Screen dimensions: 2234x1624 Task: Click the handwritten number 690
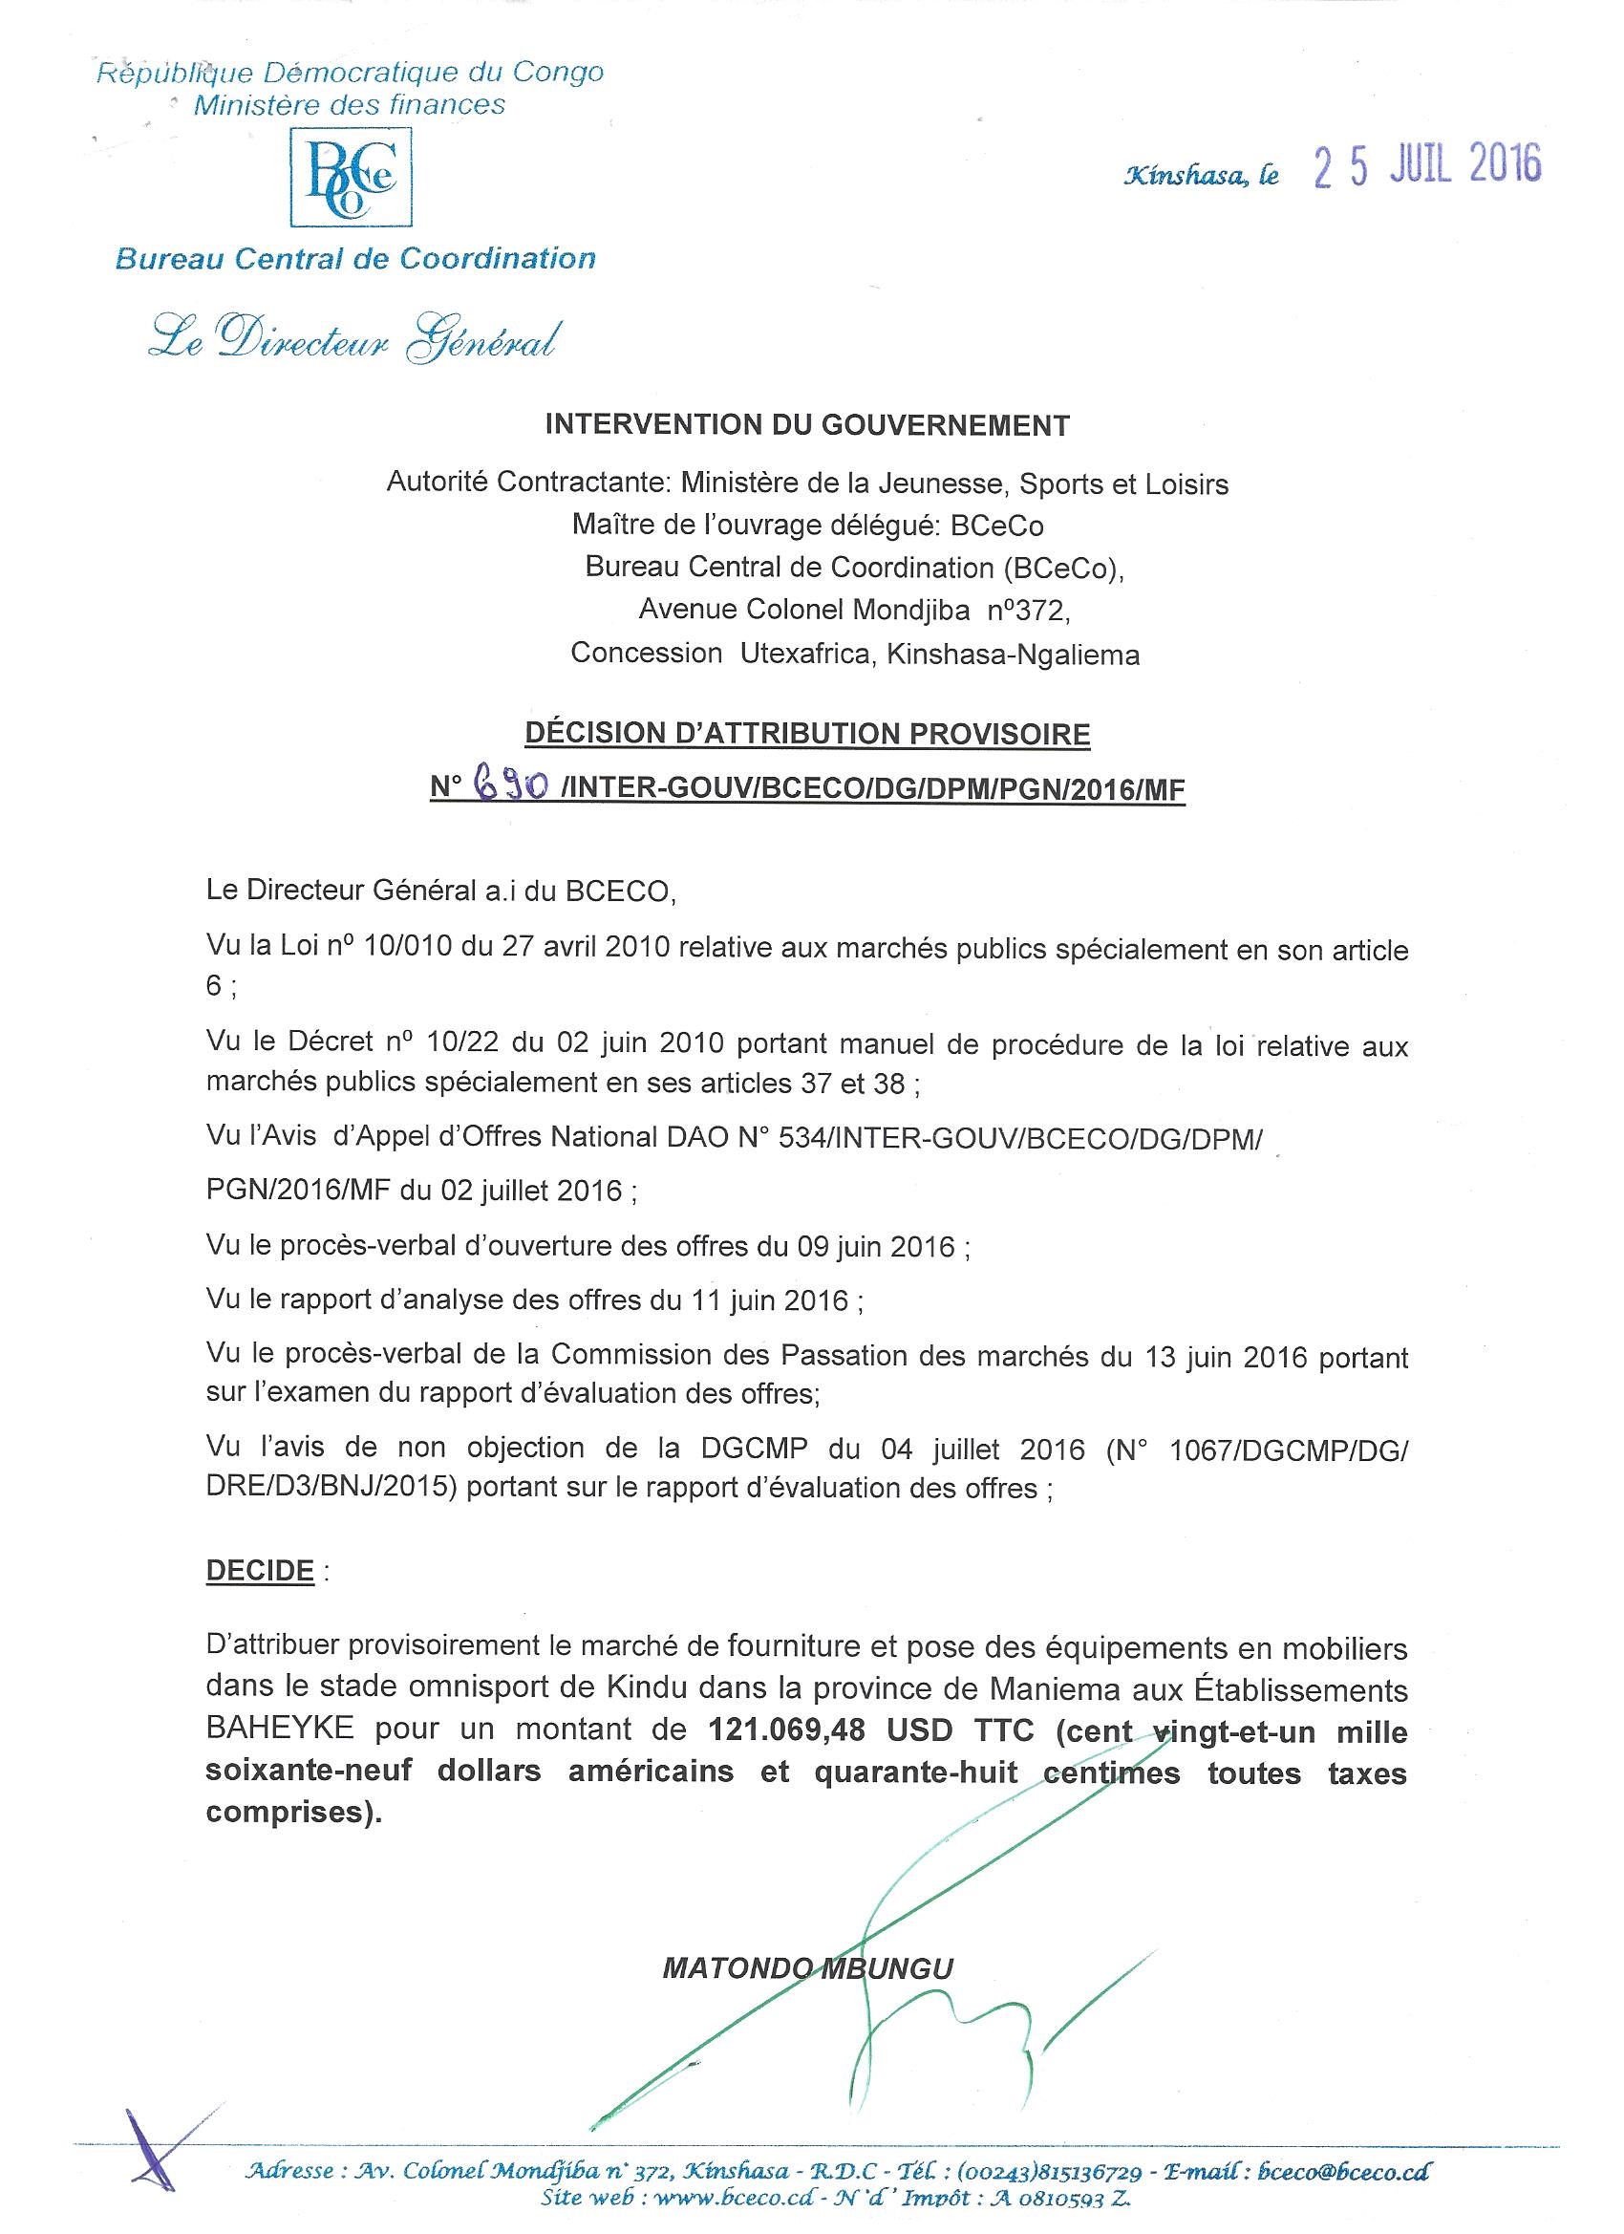coord(509,785)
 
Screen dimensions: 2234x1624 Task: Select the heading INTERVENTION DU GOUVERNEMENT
coord(807,425)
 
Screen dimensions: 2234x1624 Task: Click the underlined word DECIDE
coord(260,1569)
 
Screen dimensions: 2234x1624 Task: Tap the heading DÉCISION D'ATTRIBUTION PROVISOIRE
coord(807,734)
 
